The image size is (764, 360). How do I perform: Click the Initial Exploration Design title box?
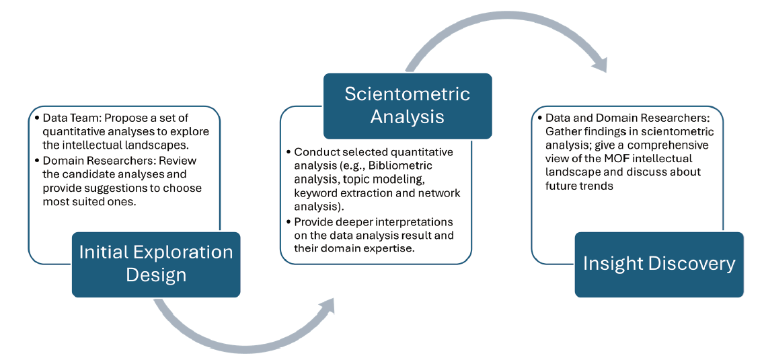pyautogui.click(x=156, y=264)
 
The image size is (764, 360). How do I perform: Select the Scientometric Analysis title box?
pyautogui.click(x=408, y=106)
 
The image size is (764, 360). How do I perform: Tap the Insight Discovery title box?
pyautogui.click(x=659, y=264)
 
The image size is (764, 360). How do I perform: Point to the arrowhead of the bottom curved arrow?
pyautogui.click(x=326, y=305)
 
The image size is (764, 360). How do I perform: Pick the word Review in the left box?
pyautogui.click(x=180, y=161)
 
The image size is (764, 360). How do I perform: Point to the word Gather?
pyautogui.click(x=562, y=132)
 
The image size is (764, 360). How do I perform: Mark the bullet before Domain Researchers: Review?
pyautogui.click(x=38, y=161)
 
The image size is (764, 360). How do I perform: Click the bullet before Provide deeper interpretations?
pyautogui.click(x=289, y=223)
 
